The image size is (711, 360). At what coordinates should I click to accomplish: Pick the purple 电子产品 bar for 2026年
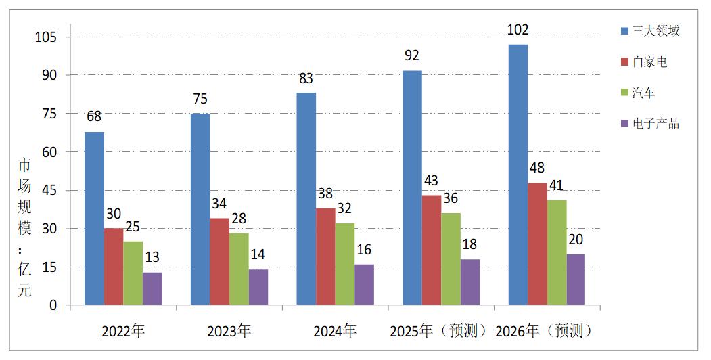pos(576,279)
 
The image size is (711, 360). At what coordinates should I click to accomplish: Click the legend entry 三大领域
pos(655,30)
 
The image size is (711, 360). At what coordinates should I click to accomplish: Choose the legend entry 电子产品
pos(655,124)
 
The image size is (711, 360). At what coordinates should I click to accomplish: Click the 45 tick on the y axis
pos(51,190)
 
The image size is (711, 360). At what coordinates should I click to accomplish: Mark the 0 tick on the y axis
pos(54,305)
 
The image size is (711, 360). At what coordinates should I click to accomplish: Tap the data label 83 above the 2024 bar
pos(306,79)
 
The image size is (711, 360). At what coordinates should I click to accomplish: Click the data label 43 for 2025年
pos(431,181)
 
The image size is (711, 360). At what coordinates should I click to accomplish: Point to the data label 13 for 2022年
pos(152,257)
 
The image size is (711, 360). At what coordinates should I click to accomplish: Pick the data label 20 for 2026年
pos(576,240)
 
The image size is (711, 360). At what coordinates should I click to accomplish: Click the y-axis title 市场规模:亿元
pos(24,227)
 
